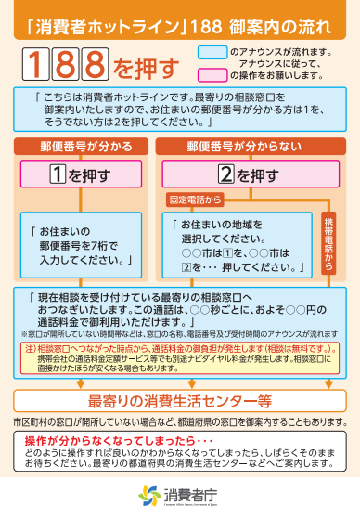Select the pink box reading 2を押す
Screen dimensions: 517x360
pyautogui.click(x=244, y=174)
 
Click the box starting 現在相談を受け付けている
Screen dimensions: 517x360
pyautogui.click(x=179, y=307)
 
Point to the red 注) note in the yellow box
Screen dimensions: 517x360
pyautogui.click(x=181, y=347)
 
